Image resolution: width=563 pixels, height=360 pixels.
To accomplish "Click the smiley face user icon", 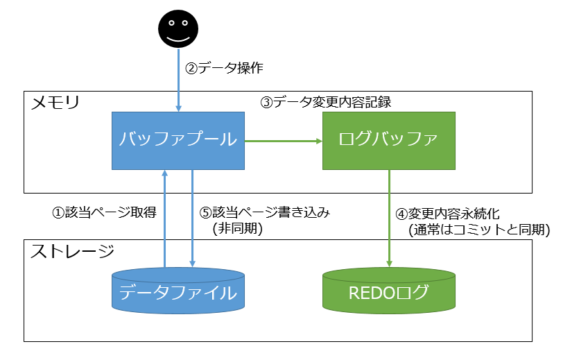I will (179, 29).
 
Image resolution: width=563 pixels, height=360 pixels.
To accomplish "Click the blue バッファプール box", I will (178, 141).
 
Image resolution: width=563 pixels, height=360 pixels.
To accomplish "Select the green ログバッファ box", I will (389, 141).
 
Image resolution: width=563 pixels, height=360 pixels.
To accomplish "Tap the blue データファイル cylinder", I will (178, 291).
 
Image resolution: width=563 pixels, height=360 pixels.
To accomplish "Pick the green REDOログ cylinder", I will (389, 291).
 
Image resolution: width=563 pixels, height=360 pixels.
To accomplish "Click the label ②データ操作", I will (224, 68).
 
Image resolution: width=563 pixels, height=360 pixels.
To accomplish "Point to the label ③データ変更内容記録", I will (326, 102).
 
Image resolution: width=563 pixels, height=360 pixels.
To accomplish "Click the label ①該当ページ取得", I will (105, 212).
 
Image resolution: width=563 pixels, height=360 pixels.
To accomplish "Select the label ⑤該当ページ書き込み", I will (264, 212).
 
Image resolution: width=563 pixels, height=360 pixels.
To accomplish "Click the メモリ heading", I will (55, 103).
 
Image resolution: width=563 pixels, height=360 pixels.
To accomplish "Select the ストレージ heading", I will (72, 251).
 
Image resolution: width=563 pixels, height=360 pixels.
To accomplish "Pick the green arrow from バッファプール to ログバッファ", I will (284, 142).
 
